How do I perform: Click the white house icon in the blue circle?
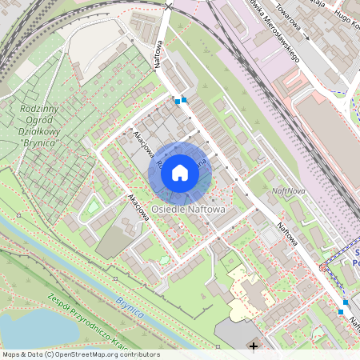(x=180, y=172)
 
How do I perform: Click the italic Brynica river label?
(x=127, y=306)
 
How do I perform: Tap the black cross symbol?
(x=254, y=346)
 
